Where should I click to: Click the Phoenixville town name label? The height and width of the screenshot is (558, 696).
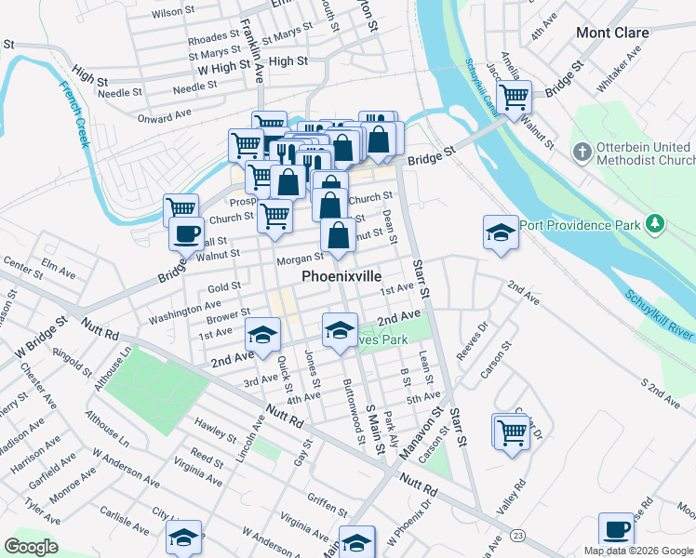(341, 277)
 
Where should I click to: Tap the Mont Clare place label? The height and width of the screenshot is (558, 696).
(612, 33)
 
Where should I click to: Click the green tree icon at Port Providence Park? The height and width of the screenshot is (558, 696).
(656, 223)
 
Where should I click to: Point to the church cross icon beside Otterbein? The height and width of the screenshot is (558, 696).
(582, 151)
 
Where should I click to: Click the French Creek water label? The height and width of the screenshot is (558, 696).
(74, 113)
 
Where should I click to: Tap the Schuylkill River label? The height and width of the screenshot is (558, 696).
(661, 317)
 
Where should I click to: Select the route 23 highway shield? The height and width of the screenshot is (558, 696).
(517, 535)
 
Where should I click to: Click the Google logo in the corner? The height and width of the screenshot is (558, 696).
(31, 547)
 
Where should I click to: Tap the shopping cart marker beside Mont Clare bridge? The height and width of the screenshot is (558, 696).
(513, 96)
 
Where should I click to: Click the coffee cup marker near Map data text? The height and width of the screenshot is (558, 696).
(615, 529)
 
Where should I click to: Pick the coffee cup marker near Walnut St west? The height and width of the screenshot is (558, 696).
(186, 232)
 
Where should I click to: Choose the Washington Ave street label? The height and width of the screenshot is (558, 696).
(184, 310)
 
